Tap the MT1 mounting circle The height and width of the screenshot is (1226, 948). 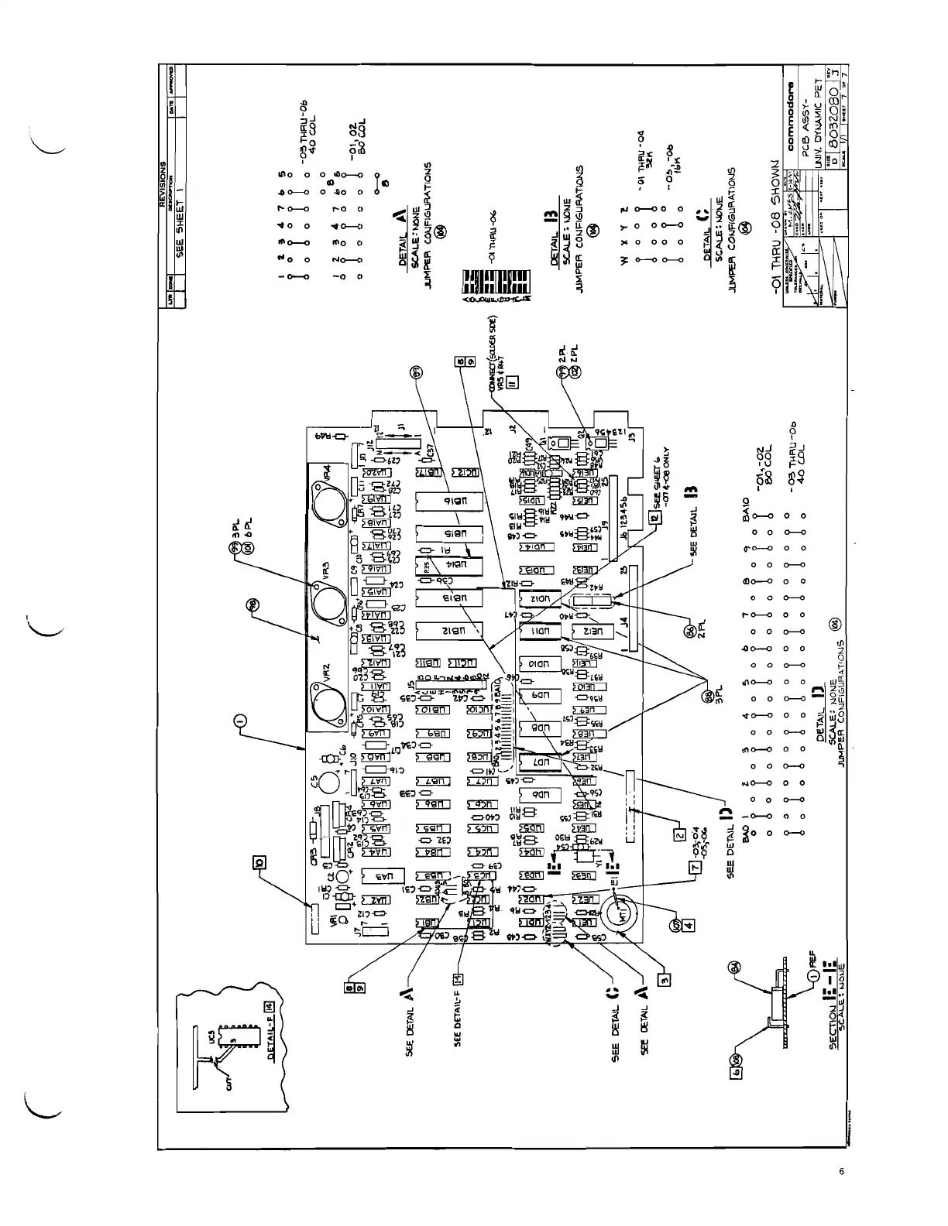click(x=625, y=916)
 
